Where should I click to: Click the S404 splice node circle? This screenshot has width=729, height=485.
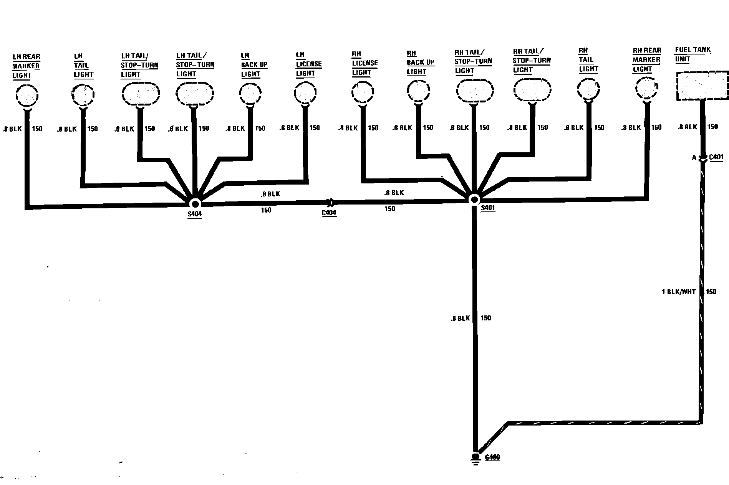tap(195, 203)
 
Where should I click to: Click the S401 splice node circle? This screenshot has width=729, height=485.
tap(474, 200)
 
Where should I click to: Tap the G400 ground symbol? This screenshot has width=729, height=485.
tap(476, 457)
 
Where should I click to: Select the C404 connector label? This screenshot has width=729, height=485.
tap(329, 213)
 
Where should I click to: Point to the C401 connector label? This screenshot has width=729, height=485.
tap(716, 157)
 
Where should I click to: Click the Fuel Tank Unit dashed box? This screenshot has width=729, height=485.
tap(702, 86)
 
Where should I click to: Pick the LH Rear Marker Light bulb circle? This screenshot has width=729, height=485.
tap(27, 96)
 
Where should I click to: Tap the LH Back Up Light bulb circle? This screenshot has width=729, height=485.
tap(250, 93)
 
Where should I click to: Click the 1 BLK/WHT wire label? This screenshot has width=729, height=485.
tap(679, 292)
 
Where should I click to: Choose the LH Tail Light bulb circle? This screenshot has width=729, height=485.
tap(83, 94)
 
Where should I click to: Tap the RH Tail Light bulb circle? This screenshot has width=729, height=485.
tap(588, 90)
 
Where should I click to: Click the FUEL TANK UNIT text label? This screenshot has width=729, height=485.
tap(693, 54)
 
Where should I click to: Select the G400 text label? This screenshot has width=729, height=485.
tap(492, 457)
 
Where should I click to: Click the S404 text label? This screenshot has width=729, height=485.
tap(195, 214)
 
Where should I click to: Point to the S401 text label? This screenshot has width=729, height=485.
tap(488, 208)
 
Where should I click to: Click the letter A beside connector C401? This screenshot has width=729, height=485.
tap(694, 158)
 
